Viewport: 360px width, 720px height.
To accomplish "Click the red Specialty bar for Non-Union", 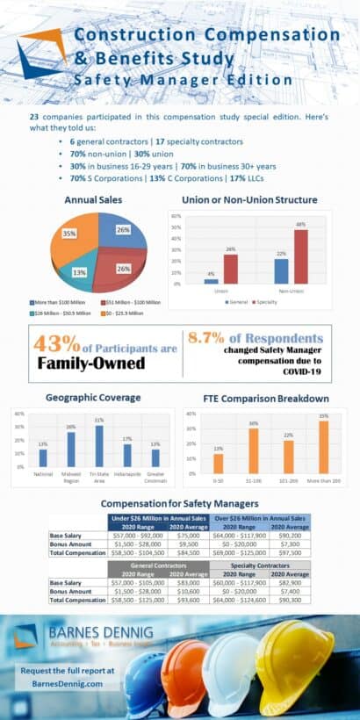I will (x=300, y=257).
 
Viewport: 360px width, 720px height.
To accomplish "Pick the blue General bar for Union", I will (x=212, y=281).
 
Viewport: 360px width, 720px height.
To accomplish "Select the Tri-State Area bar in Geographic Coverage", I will (x=99, y=446).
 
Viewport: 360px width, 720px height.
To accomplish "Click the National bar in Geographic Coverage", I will (x=43, y=457).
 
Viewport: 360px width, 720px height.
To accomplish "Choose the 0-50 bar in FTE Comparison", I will (x=219, y=463).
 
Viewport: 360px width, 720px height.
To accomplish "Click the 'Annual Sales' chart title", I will (x=89, y=199).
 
